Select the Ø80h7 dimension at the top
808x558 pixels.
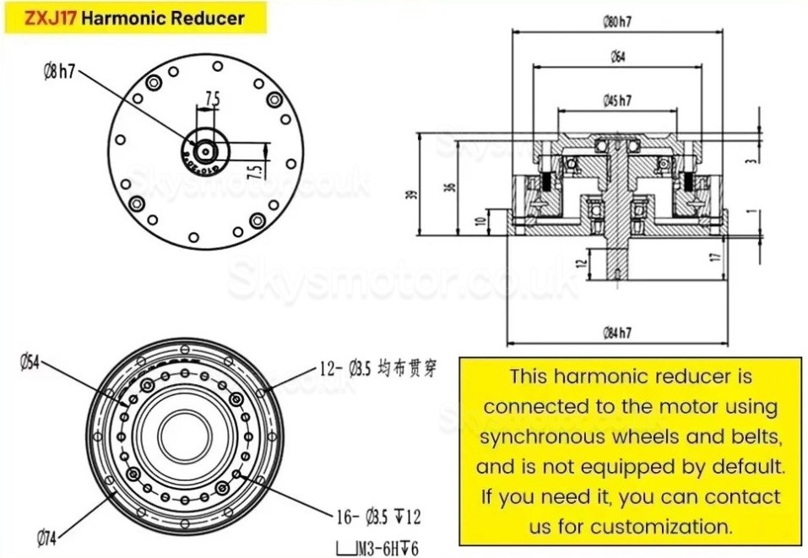(x=619, y=22)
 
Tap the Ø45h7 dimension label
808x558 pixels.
(x=618, y=100)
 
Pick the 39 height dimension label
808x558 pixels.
(x=412, y=194)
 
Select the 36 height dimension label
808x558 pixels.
(x=450, y=187)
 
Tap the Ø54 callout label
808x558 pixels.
(x=31, y=362)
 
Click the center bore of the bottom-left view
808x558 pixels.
(x=180, y=430)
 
